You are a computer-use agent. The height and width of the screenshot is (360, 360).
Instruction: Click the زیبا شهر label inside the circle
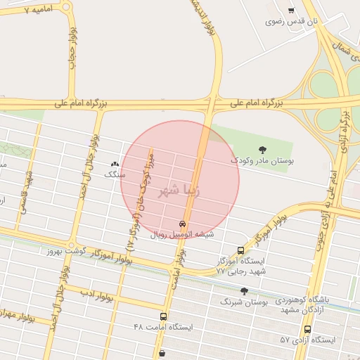180,189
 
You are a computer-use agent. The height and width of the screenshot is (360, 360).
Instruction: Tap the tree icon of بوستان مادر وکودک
263,149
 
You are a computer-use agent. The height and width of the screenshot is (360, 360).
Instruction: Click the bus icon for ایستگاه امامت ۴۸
164,316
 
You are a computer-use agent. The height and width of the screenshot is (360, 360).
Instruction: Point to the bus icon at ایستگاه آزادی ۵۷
307,329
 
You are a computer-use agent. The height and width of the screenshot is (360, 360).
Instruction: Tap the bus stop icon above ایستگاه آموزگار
241,250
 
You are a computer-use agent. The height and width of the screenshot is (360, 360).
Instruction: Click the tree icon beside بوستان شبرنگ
244,291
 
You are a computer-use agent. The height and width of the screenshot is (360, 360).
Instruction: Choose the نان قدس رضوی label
292,22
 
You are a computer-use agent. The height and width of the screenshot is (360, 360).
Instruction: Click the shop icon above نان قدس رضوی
291,10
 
